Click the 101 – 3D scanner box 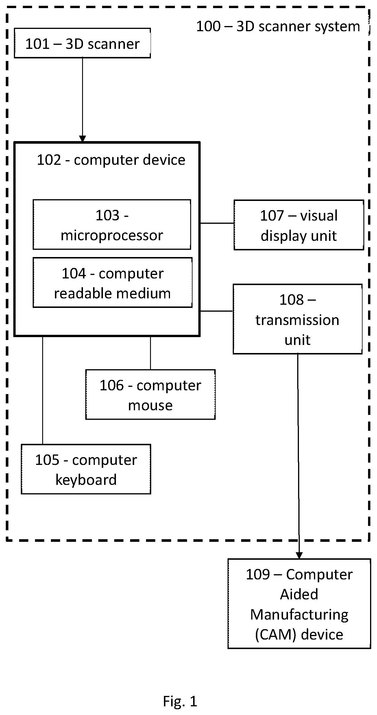pyautogui.click(x=82, y=43)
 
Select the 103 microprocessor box pyautogui.click(x=112, y=224)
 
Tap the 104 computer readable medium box pyautogui.click(x=112, y=282)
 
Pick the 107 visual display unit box pyautogui.click(x=299, y=225)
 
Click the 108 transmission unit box pyautogui.click(x=297, y=319)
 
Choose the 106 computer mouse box pyautogui.click(x=150, y=394)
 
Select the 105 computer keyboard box pyautogui.click(x=86, y=469)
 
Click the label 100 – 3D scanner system pyautogui.click(x=278, y=26)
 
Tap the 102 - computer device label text pyautogui.click(x=111, y=160)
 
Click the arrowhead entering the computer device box pyautogui.click(x=82, y=139)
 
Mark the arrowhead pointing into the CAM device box pyautogui.click(x=299, y=555)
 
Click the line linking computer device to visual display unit pyautogui.click(x=217, y=223)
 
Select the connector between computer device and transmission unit pyautogui.click(x=217, y=311)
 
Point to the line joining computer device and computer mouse pyautogui.click(x=150, y=353)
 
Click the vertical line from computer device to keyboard pyautogui.click(x=42, y=390)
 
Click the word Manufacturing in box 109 pyautogui.click(x=299, y=615)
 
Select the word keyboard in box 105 pyautogui.click(x=86, y=480)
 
